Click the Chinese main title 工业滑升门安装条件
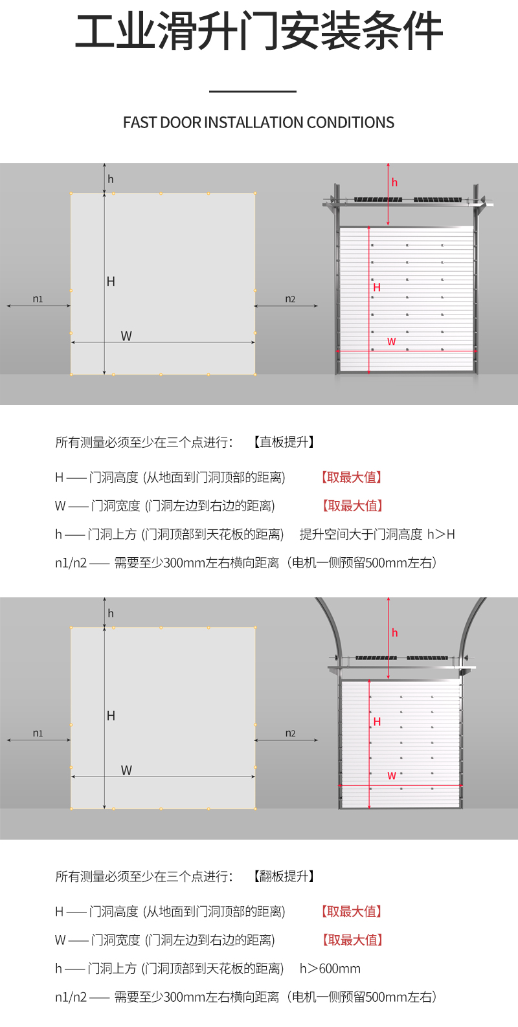[259, 31]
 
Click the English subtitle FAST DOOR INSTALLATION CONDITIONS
[259, 122]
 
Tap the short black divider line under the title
[253, 91]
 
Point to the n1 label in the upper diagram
[38, 299]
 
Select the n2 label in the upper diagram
[290, 299]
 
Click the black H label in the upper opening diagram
[111, 282]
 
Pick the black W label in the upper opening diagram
[126, 336]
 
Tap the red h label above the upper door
[394, 182]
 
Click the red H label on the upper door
[377, 287]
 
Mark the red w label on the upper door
[391, 342]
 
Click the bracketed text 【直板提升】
[284, 442]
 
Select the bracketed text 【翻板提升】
[284, 876]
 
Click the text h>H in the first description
[441, 534]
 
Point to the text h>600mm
[330, 968]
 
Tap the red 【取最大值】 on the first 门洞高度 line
[352, 478]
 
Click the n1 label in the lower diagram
[38, 733]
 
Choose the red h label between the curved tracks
[394, 633]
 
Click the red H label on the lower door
[377, 722]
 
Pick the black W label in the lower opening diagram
[126, 770]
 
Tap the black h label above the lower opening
[111, 613]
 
